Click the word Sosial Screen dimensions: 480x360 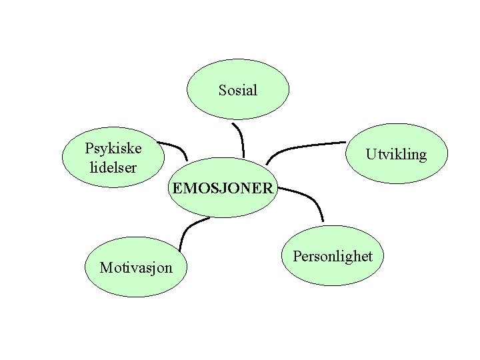pyautogui.click(x=237, y=90)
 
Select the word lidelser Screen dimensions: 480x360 pyautogui.click(x=113, y=167)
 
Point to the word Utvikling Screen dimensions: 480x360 pyautogui.click(x=395, y=155)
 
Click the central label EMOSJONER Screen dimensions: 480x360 pyautogui.click(x=223, y=188)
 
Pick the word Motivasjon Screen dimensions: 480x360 pyautogui.click(x=135, y=268)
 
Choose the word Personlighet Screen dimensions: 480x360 pyautogui.click(x=332, y=257)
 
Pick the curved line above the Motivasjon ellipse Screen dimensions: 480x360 pyautogui.click(x=186, y=230)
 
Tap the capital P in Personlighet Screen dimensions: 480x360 pyautogui.click(x=297, y=257)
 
